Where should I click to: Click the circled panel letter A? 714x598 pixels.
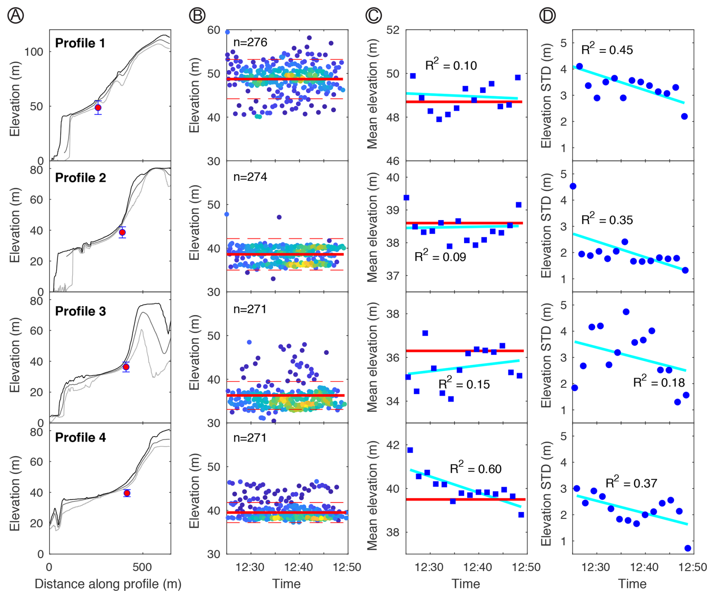16,15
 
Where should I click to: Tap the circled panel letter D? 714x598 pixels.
547,15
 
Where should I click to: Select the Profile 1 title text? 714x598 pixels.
80,43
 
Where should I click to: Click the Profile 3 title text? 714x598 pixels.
80,311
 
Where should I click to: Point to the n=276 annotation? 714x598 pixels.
250,42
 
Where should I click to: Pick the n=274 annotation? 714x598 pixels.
250,177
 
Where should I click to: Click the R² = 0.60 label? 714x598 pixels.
475,469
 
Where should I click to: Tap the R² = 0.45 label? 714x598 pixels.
607,49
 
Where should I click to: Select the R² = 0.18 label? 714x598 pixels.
659,382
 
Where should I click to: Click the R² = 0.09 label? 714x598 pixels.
440,257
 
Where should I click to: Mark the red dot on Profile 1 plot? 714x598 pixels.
98,108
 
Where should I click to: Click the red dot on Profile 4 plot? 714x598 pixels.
127,493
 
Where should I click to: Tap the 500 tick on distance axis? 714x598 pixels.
143,567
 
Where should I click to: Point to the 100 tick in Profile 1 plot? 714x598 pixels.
34,52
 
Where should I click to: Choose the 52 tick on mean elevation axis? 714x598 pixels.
392,30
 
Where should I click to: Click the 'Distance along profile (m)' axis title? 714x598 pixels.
108,584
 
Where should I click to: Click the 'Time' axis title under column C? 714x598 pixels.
466,584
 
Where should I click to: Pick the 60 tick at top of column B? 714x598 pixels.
214,30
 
